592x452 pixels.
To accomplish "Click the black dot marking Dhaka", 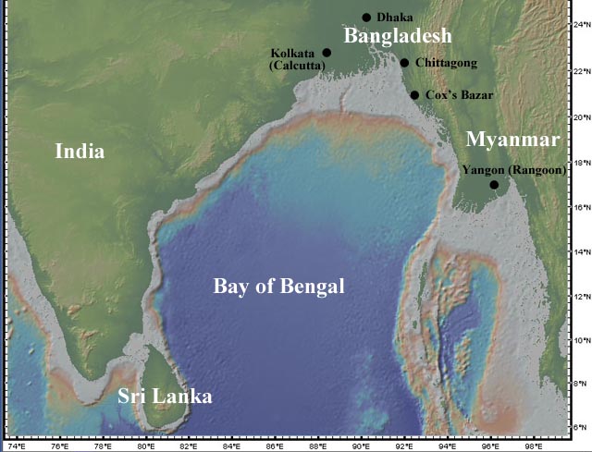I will pyautogui.click(x=366, y=18).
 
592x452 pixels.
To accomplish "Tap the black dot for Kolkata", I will pyautogui.click(x=327, y=53).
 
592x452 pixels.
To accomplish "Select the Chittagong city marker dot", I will pyautogui.click(x=404, y=63).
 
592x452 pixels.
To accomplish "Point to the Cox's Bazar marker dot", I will pyautogui.click(x=414, y=95).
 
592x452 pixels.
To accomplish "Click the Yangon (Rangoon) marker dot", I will pyautogui.click(x=494, y=185).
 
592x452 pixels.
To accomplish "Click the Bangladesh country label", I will pyautogui.click(x=398, y=36).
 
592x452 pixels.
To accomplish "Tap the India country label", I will pyautogui.click(x=80, y=152).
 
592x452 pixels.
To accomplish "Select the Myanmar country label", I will pyautogui.click(x=513, y=140).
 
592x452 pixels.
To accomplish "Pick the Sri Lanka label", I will pyautogui.click(x=165, y=397).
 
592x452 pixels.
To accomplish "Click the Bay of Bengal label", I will pyautogui.click(x=278, y=287).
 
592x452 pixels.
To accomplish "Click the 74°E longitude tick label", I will pyautogui.click(x=16, y=445).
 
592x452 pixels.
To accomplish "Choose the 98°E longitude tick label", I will pyautogui.click(x=534, y=445).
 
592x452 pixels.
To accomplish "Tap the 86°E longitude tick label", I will pyautogui.click(x=275, y=445).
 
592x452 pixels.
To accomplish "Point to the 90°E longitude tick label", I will pyautogui.click(x=362, y=445).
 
